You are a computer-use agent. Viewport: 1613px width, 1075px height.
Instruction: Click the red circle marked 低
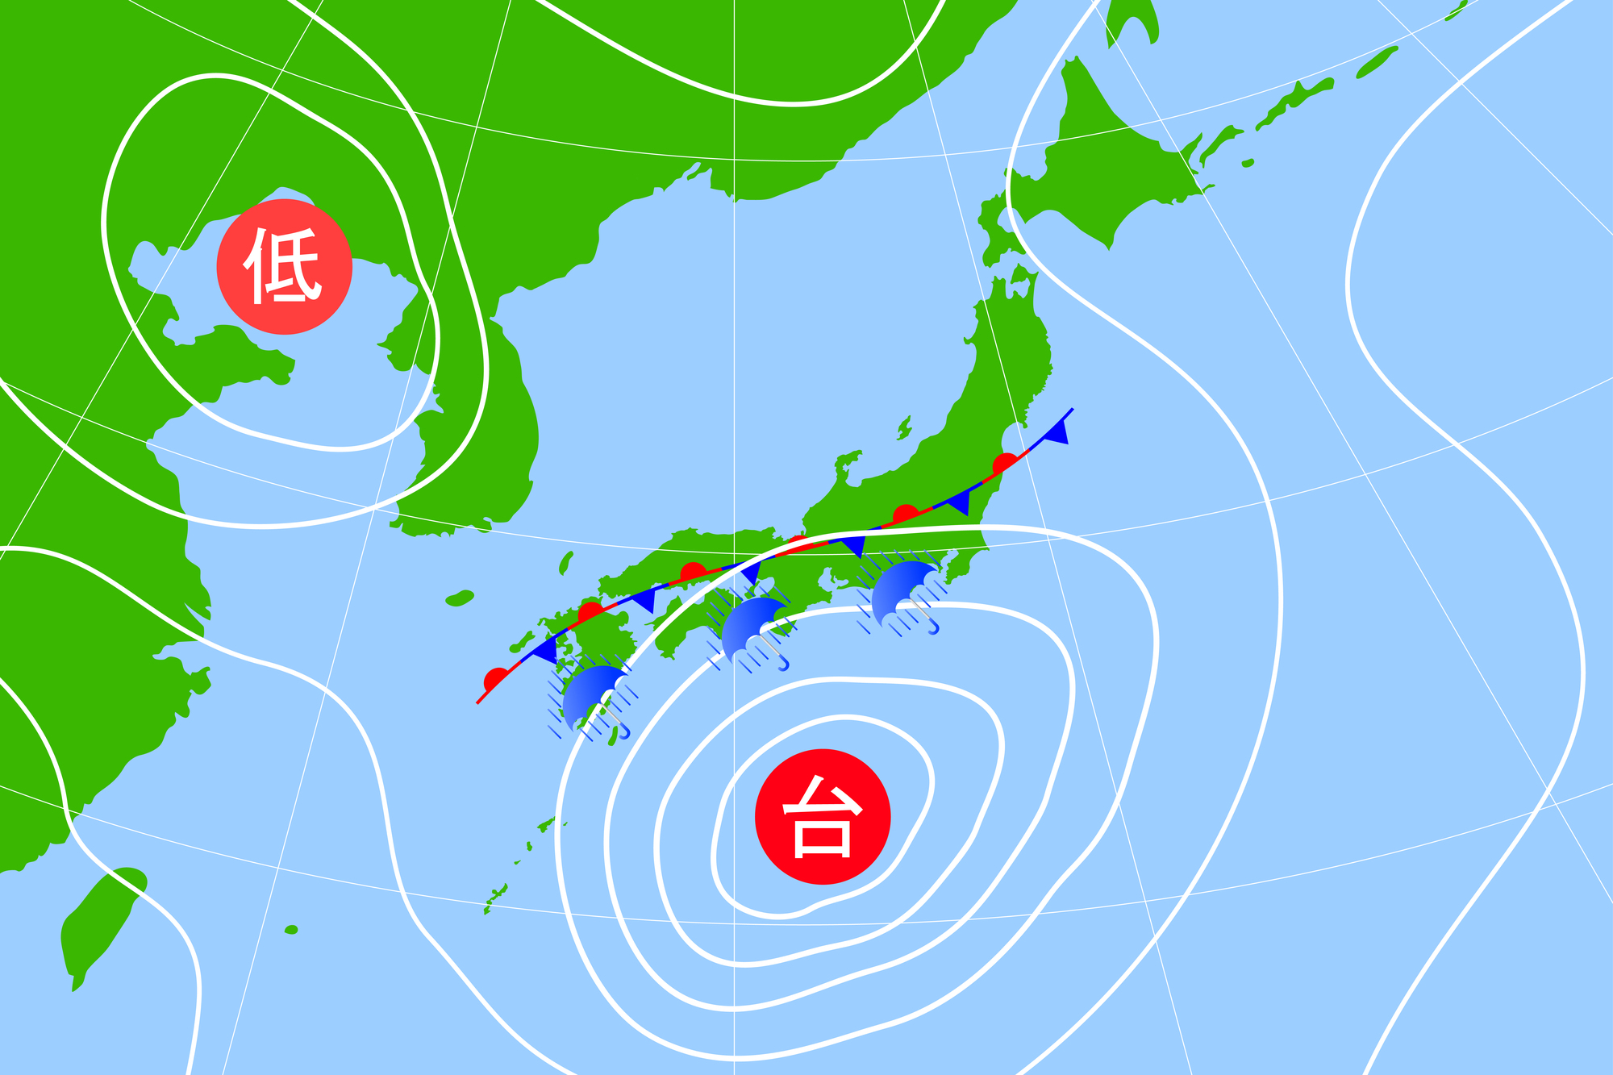tap(284, 266)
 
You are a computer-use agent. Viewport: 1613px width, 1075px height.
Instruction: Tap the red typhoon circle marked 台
tap(822, 816)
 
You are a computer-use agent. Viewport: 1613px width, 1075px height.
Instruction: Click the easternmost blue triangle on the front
tap(1057, 433)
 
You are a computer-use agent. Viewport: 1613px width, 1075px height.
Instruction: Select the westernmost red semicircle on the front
tap(496, 678)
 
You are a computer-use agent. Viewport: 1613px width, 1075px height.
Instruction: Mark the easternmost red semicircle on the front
tap(1005, 463)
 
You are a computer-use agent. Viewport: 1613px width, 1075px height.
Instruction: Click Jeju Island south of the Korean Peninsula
tap(459, 598)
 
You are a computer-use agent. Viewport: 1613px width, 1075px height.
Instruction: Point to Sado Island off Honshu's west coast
tap(904, 427)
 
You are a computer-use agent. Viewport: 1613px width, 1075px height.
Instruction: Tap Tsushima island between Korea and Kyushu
tap(566, 561)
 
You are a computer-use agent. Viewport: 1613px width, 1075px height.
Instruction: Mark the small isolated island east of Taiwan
tap(291, 930)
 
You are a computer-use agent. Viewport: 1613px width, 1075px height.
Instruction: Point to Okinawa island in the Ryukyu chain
tap(497, 895)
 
